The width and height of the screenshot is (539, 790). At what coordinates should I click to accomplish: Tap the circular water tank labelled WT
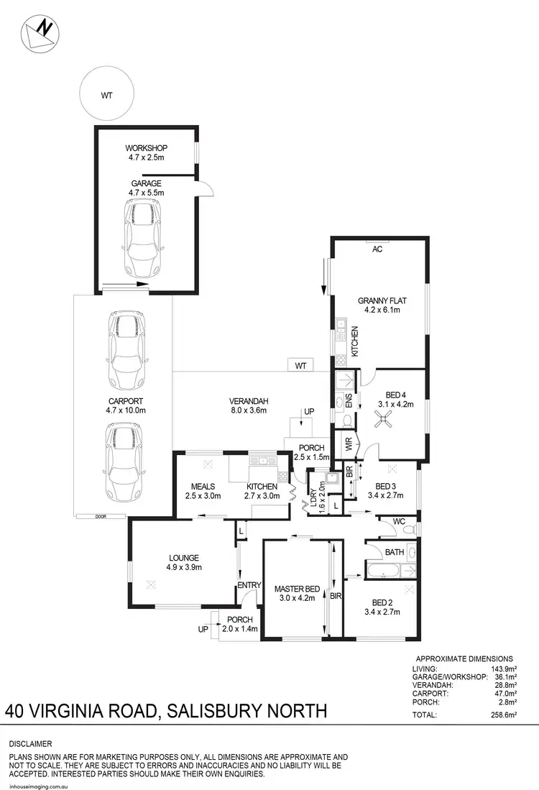tap(107, 95)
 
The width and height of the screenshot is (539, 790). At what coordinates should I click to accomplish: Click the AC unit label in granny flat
tap(377, 249)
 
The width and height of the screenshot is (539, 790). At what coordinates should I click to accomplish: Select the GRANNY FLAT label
tap(379, 306)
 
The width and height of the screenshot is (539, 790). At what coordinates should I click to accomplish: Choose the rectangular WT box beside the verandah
tap(301, 366)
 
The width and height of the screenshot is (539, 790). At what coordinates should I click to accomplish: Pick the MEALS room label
tap(194, 486)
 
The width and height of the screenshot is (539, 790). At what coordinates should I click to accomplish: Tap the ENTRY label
tap(249, 585)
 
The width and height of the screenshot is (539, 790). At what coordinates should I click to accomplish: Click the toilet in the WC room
tap(408, 530)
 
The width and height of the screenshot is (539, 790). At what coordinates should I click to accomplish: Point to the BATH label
tap(395, 553)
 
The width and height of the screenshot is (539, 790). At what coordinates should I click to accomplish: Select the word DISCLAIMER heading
tap(30, 743)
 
